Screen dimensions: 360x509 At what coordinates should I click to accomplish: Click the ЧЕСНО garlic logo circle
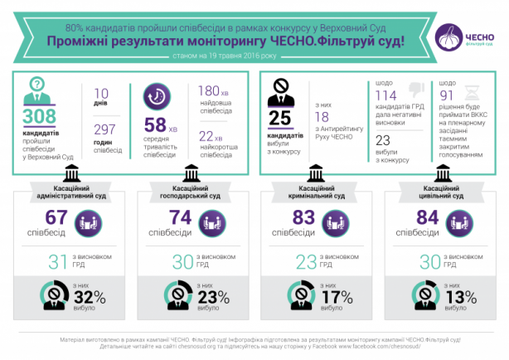(x=450, y=36)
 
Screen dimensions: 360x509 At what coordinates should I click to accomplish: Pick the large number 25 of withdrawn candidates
(x=281, y=118)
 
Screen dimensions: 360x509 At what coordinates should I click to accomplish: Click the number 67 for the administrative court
(x=56, y=218)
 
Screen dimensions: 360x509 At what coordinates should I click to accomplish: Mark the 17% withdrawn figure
(x=338, y=296)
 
